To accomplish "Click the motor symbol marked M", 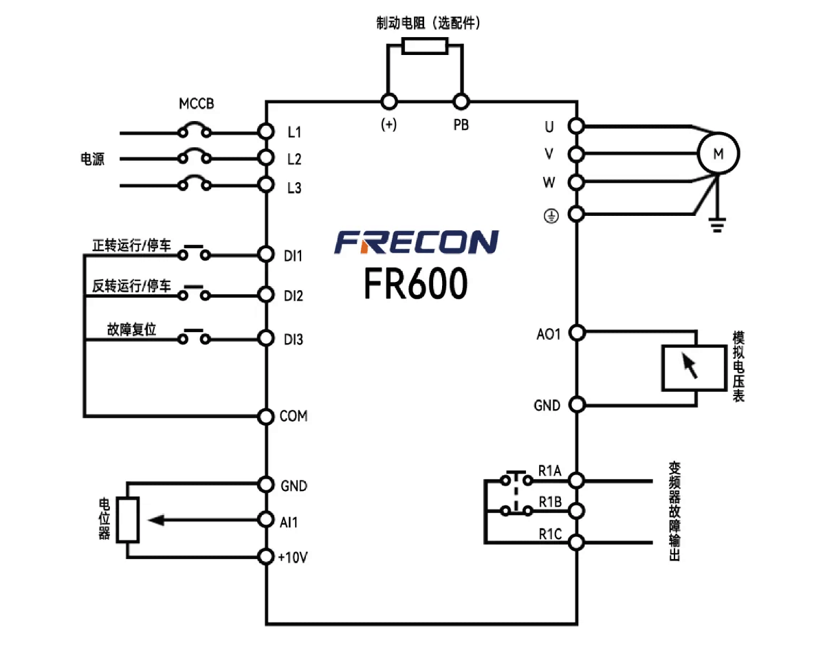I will point(718,153).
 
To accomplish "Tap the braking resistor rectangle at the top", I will point(424,46).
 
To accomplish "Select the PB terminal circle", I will point(461,102).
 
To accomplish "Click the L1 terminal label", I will point(294,131).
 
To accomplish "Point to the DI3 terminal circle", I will point(266,339).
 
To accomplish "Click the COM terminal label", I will point(294,416).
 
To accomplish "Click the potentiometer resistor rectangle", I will point(128,519).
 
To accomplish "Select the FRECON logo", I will point(417,242).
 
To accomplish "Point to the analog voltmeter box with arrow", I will point(693,368).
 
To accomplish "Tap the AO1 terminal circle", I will point(577,333).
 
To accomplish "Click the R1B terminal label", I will point(551,503).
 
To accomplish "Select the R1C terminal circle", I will point(577,543).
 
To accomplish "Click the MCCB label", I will point(197,105).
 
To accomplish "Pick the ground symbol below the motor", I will point(716,224).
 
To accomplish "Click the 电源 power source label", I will point(93,160).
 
